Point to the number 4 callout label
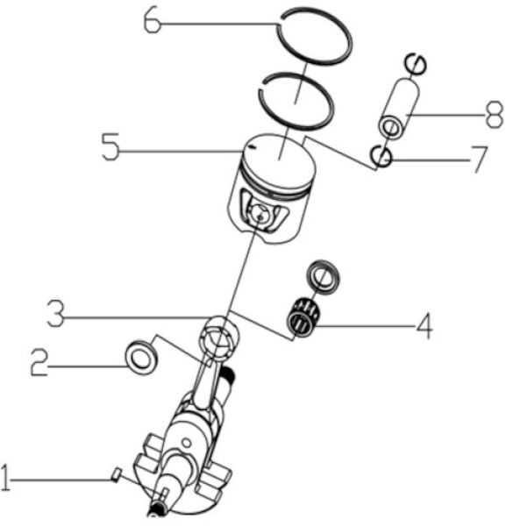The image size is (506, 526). pyautogui.click(x=423, y=328)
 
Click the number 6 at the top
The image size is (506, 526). pyautogui.click(x=153, y=20)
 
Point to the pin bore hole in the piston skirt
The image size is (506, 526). pyautogui.click(x=259, y=213)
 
